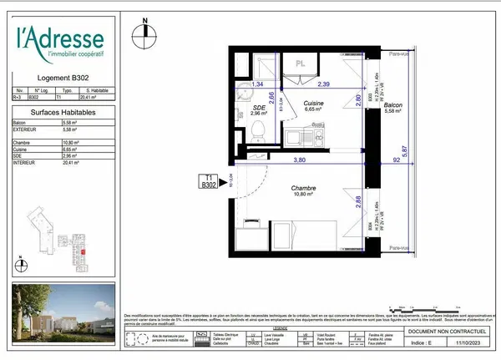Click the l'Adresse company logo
[x=61, y=43]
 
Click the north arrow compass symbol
[x=146, y=31]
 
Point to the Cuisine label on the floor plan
[x=314, y=103]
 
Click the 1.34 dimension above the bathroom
[x=259, y=84]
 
